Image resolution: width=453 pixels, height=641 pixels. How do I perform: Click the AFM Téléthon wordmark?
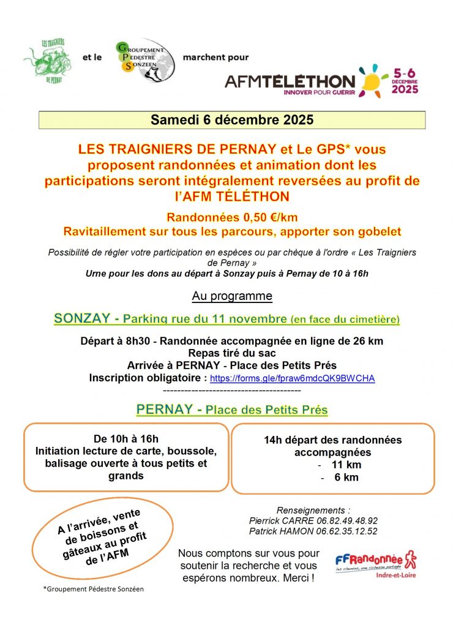(290, 81)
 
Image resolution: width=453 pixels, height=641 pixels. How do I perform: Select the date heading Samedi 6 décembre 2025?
(232, 120)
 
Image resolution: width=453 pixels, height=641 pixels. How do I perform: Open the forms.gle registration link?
(293, 378)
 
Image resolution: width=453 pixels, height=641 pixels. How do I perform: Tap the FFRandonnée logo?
(376, 561)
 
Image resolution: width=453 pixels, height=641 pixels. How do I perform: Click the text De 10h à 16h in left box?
(126, 438)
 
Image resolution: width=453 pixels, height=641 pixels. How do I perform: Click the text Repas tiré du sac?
(232, 353)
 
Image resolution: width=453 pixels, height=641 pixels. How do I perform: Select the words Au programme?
(232, 296)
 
